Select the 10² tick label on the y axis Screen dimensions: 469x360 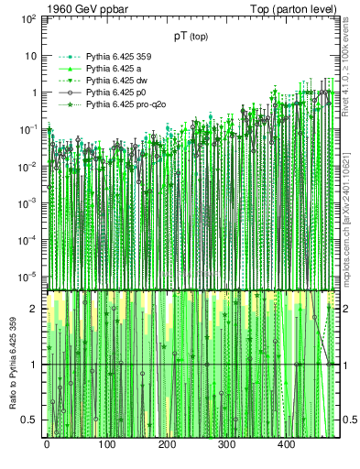click(27, 18)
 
